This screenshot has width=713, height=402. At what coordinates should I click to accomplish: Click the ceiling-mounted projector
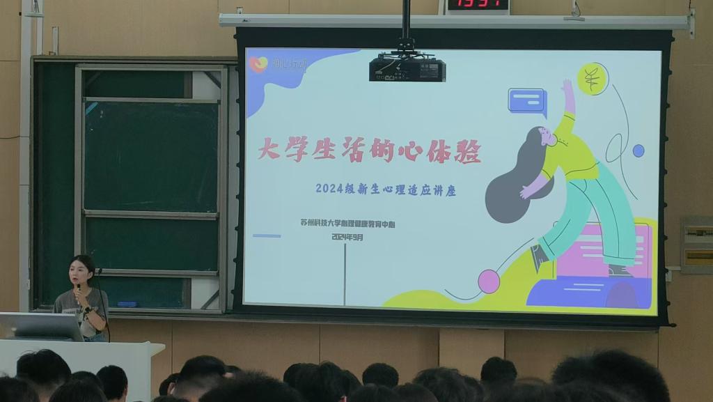pos(407,68)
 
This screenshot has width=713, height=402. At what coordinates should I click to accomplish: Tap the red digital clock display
pos(477,5)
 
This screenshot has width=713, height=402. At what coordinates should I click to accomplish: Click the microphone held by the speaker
pos(78,286)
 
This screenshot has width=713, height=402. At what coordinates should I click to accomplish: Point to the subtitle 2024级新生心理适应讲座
pos(386,189)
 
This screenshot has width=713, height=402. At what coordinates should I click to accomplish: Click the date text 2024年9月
pos(347,238)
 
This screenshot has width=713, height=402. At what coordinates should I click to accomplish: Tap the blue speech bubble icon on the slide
pos(526,100)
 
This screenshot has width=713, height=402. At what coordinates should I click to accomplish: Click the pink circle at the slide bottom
pos(489,281)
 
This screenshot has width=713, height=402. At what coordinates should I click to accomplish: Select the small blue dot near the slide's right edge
pos(638,150)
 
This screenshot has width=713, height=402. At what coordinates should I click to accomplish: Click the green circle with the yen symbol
pos(593,79)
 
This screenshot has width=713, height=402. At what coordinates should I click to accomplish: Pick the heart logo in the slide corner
pos(258,64)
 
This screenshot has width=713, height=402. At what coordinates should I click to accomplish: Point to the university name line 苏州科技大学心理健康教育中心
pos(352,224)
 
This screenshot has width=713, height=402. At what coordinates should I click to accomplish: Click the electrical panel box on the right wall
pos(696,245)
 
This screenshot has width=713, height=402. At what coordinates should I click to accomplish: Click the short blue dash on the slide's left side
pos(267,235)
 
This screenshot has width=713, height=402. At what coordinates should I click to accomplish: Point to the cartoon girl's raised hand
pos(567,86)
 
